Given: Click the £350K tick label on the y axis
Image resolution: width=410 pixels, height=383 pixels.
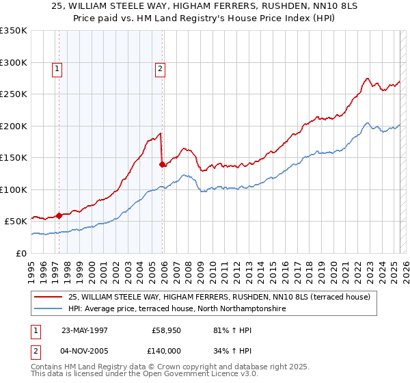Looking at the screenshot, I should click(14, 31).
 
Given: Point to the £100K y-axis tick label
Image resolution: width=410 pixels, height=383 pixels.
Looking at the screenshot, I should click(14, 189).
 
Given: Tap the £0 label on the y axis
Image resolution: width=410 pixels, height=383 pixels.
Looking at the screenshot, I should click(21, 253).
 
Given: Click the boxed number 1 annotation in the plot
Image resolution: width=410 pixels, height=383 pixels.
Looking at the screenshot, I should click(57, 68).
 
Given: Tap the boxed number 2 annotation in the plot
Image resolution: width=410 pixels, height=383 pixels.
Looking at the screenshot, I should click(160, 68).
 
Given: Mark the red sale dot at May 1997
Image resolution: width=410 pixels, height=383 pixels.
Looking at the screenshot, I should click(59, 215).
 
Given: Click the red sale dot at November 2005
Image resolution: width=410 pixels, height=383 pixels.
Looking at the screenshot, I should click(162, 164).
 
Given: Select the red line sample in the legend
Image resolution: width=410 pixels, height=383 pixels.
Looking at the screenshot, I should click(48, 297).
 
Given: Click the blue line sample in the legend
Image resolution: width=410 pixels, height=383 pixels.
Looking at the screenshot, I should click(48, 308).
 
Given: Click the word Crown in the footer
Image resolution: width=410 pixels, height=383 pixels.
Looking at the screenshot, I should click(170, 368).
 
